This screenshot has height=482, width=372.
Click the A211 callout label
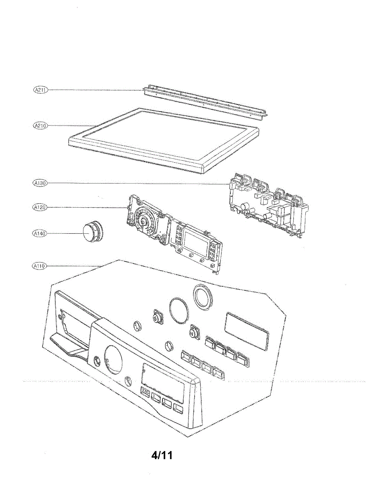coord(40,90)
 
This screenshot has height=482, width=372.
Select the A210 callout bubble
coord(40,126)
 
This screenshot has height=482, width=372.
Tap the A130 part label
coord(40,183)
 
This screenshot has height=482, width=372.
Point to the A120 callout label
coord(40,207)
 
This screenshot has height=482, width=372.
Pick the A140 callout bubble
coord(40,233)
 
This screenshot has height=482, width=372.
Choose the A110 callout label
coord(40,266)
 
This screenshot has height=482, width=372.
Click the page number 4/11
coord(162,455)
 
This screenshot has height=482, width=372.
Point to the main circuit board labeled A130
coord(267,205)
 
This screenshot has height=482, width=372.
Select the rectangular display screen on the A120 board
coord(194,241)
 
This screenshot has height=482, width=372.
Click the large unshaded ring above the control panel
coord(179,310)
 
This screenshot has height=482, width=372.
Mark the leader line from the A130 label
coord(136,184)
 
